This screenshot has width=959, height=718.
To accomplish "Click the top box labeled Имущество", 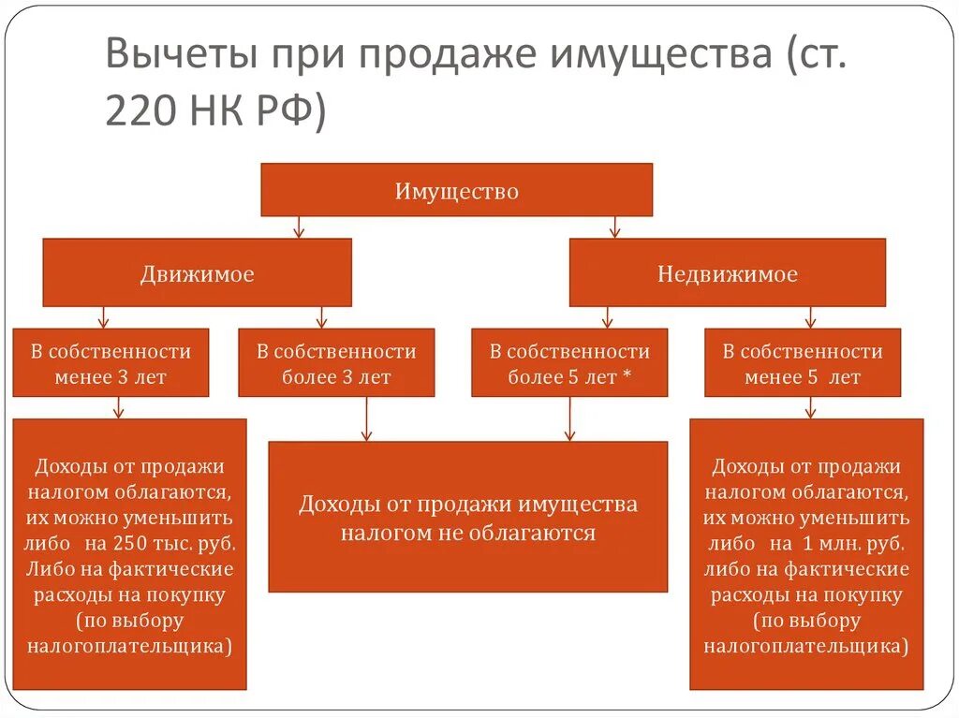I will pyautogui.click(x=456, y=190).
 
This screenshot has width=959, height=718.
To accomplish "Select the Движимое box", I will pyautogui.click(x=197, y=272).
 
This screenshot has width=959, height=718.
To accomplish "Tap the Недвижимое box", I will pyautogui.click(x=727, y=272).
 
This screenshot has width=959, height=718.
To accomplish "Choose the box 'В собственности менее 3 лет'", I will pyautogui.click(x=111, y=363).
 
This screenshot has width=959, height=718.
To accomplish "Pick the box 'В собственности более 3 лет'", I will pyautogui.click(x=336, y=363).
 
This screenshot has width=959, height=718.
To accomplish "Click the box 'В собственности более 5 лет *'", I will pyautogui.click(x=569, y=363).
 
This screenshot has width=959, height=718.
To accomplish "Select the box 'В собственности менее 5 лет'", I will pyautogui.click(x=802, y=363).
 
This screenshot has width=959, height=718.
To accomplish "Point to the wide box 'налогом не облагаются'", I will pyautogui.click(x=467, y=518).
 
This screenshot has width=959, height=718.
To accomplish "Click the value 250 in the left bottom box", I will pyautogui.click(x=152, y=543).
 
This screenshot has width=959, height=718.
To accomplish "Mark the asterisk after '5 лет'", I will pyautogui.click(x=627, y=377).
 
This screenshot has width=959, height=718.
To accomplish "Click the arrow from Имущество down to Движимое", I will pyautogui.click(x=298, y=227).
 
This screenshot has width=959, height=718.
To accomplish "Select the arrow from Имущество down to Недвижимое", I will pyautogui.click(x=614, y=227).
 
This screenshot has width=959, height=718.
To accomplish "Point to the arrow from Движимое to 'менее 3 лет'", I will pyautogui.click(x=104, y=316).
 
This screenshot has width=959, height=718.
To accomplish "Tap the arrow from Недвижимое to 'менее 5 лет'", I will pyautogui.click(x=810, y=316).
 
